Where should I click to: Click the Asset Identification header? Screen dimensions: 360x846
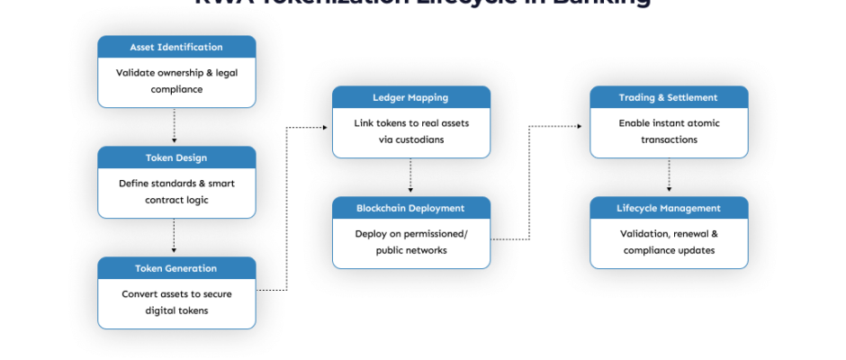click(x=176, y=47)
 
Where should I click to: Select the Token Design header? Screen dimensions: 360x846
click(x=176, y=157)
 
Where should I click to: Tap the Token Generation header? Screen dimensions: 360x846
click(x=176, y=268)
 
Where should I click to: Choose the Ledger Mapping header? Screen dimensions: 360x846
click(x=410, y=97)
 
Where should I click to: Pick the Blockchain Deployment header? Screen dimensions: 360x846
click(x=410, y=208)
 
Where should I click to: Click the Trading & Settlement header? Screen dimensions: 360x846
click(x=669, y=97)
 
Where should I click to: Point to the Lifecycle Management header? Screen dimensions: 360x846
click(x=669, y=208)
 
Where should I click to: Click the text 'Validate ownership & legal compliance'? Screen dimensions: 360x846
click(x=176, y=81)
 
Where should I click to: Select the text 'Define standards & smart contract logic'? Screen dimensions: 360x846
click(x=176, y=192)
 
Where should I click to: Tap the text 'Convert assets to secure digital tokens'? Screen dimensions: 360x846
click(x=176, y=302)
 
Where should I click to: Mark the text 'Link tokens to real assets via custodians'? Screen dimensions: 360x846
click(x=410, y=131)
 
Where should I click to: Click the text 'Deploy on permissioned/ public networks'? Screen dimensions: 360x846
click(x=410, y=242)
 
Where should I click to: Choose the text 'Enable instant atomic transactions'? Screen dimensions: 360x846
click(x=669, y=131)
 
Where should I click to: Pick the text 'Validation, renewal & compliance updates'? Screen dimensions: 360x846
click(x=669, y=242)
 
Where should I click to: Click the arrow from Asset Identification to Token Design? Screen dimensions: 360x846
click(x=175, y=126)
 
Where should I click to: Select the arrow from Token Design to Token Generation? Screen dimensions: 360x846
click(x=175, y=237)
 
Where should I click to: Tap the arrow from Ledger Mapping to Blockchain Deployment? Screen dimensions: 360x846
click(x=410, y=176)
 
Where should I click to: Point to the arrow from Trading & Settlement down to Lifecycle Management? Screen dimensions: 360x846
click(x=669, y=176)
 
